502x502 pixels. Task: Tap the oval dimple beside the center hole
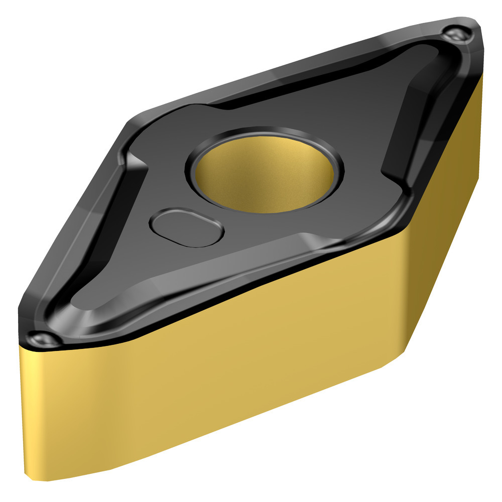point(187,227)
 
